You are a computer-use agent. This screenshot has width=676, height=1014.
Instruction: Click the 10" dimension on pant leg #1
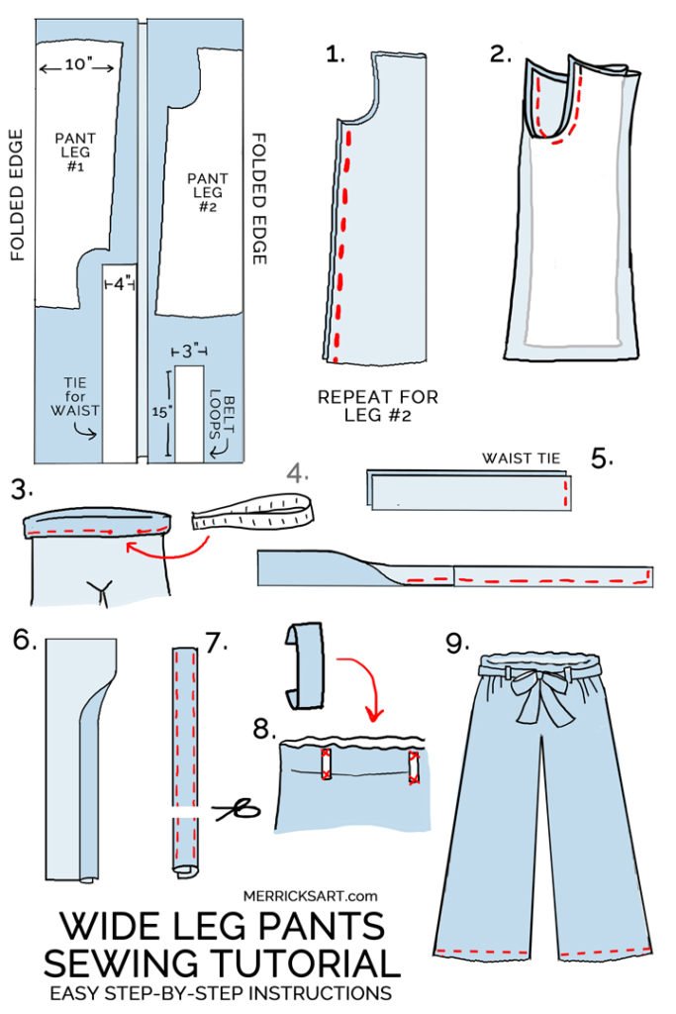point(78,65)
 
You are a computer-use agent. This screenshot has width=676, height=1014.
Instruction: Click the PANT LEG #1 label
point(75,150)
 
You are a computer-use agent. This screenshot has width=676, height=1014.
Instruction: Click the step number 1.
point(336,55)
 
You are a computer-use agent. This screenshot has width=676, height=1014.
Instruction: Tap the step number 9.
point(455,644)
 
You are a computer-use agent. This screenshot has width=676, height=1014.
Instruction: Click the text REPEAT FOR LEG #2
point(377,406)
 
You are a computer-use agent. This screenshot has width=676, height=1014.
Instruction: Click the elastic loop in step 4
point(253,512)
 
